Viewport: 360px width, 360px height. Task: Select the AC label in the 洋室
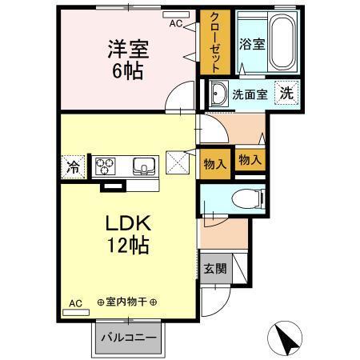coord(175,24)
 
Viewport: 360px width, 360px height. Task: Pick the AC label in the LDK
coord(74,303)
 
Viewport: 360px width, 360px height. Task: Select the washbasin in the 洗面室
coord(218,94)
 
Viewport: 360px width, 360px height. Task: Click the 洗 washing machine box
coord(285,93)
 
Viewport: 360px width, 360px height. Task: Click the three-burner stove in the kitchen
coord(106,166)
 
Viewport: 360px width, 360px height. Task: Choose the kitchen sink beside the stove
coord(145,166)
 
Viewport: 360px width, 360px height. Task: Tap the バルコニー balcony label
coord(128,337)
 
